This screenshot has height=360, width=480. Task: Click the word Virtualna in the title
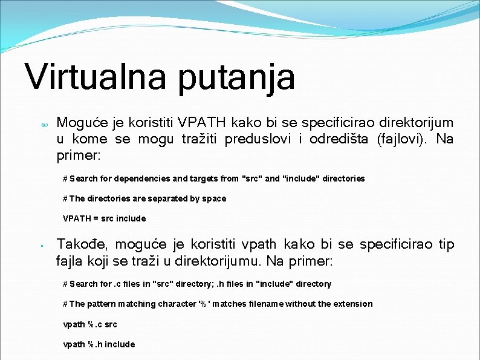click(x=96, y=77)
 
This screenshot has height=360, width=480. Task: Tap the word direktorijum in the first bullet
click(x=412, y=123)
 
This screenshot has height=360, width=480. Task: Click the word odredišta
click(x=339, y=139)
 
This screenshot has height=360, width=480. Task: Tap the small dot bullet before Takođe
click(x=37, y=246)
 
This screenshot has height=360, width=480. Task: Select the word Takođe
click(x=82, y=244)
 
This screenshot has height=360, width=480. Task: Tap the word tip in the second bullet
click(x=446, y=244)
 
